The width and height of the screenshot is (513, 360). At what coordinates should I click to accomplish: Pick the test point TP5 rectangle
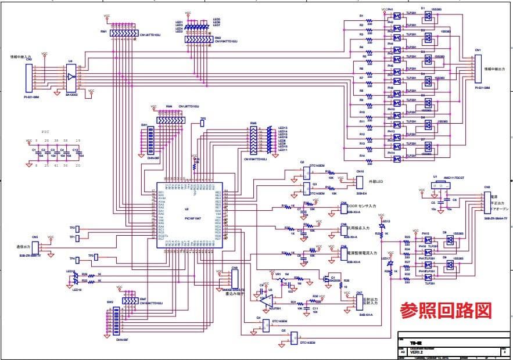(x=202, y=124)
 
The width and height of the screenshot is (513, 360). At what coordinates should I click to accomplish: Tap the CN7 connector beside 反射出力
(x=360, y=301)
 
